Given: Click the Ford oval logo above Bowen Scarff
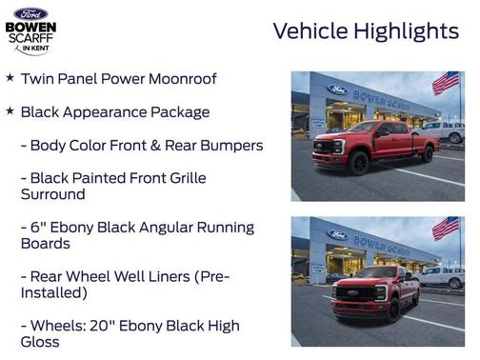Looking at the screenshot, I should coord(30,13).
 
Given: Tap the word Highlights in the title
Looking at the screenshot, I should coord(407,31).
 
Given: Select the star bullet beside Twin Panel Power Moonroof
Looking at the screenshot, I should coord(10,78).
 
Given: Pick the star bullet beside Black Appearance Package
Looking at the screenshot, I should coord(10,111).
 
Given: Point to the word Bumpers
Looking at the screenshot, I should coord(230,146).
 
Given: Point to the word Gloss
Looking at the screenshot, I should coord(39,342).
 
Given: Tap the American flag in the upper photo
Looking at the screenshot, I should coord(445,83).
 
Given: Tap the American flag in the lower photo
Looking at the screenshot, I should coord(445,228).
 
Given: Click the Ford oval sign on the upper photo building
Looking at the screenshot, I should coord(337,90).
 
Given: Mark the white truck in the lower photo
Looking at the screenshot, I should coord(443,276).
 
